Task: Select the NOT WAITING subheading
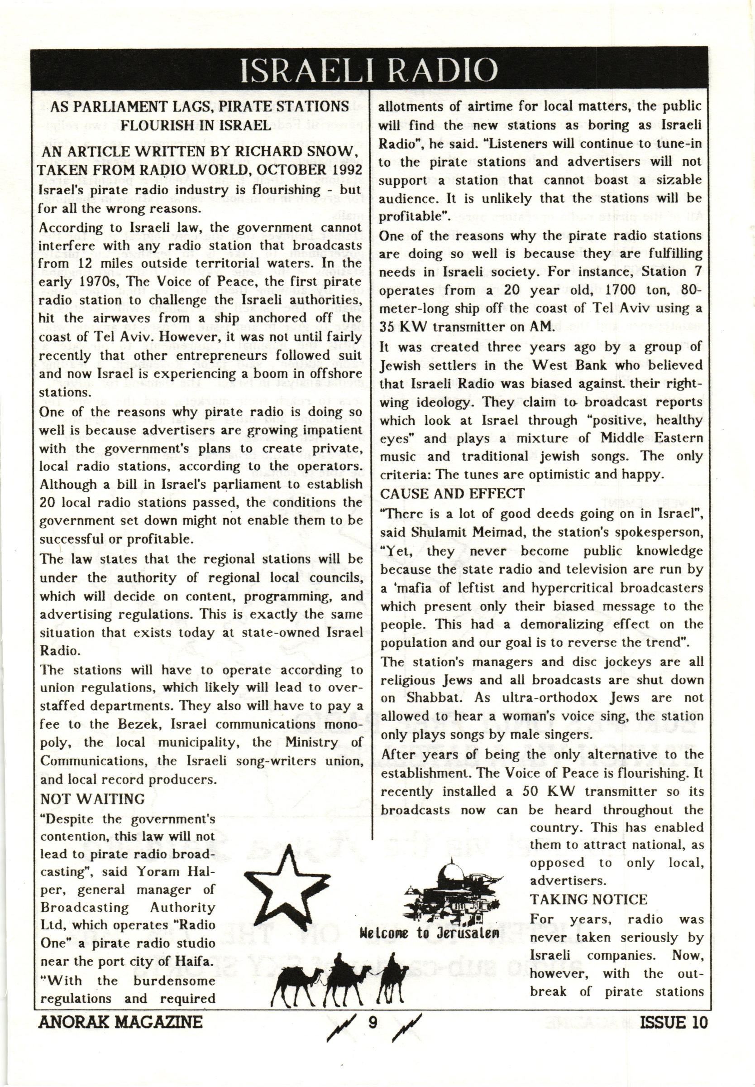(x=93, y=799)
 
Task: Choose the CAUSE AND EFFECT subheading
(x=453, y=494)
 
